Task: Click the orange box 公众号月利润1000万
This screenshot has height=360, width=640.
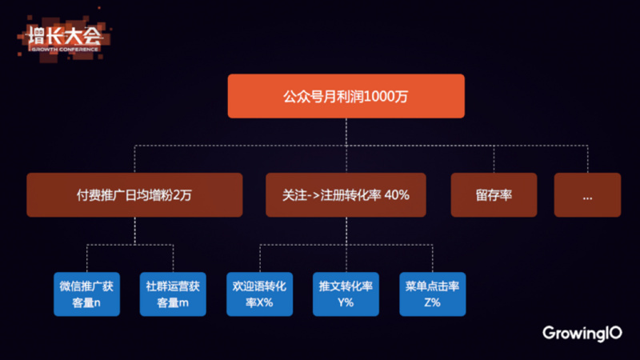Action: point(346,96)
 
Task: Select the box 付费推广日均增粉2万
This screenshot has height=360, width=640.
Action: point(134,194)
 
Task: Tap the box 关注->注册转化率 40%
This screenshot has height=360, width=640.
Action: point(346,194)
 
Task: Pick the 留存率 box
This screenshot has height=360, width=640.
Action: point(494,194)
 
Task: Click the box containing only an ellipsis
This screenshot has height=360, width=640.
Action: point(586,194)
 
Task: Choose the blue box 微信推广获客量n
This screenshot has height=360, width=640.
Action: point(86,294)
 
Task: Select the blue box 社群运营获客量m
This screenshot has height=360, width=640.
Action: point(173,294)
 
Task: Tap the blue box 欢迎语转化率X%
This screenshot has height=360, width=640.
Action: point(259,294)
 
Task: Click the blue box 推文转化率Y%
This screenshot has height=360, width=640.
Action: point(346,294)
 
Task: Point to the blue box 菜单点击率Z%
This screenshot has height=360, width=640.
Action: point(432,294)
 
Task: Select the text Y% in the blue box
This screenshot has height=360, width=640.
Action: point(346,302)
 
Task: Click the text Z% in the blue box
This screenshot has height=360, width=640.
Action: point(432,302)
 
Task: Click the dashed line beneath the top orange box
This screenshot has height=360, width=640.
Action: point(346,132)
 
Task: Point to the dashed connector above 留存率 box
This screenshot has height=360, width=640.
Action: point(494,158)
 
